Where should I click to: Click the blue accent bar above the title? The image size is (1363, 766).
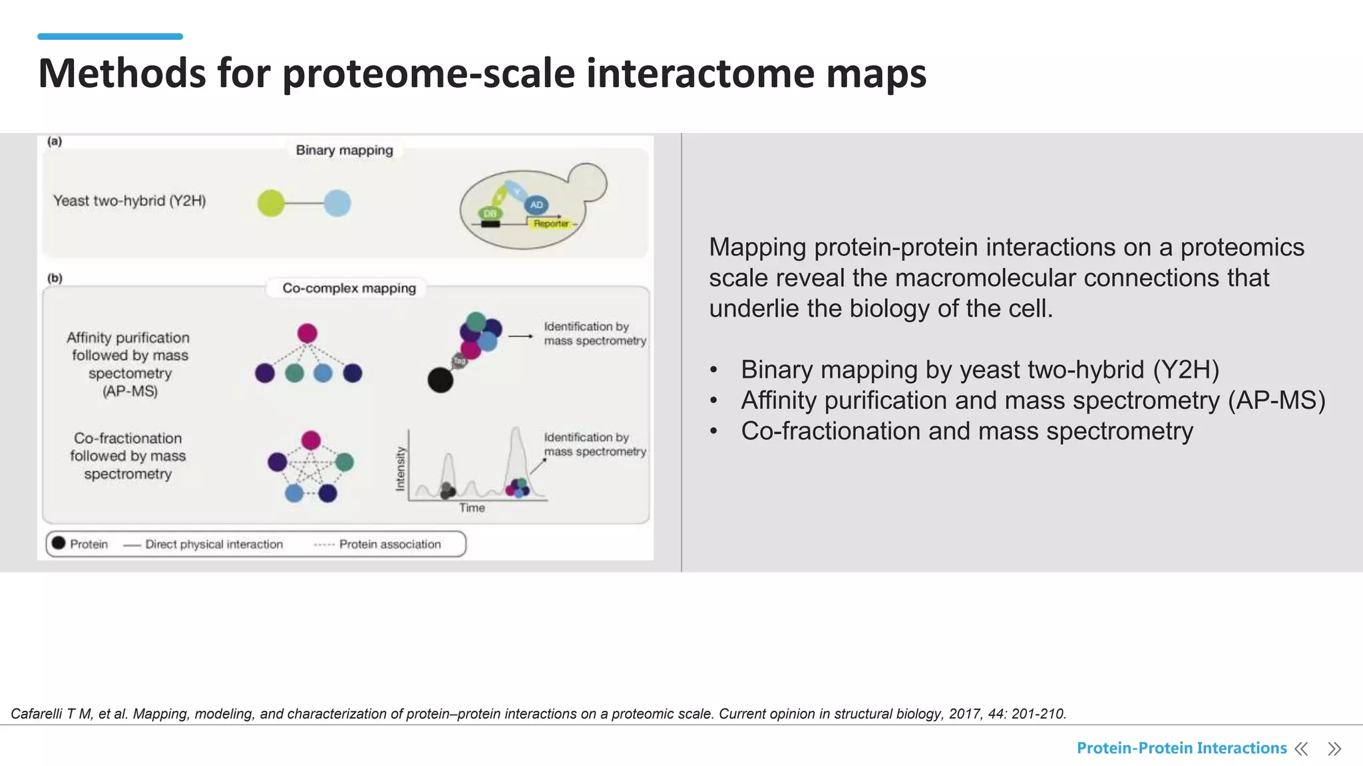tap(110, 37)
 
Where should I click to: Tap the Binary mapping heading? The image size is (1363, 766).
tap(344, 150)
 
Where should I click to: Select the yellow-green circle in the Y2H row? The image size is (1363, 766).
tap(271, 203)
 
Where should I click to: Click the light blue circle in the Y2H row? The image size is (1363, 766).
tap(337, 203)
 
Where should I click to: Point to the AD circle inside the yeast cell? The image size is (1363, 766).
tap(536, 205)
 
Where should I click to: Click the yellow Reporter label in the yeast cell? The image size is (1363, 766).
tap(551, 224)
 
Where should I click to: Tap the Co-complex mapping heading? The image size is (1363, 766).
tap(349, 288)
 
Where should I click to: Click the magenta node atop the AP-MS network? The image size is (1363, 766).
tap(307, 333)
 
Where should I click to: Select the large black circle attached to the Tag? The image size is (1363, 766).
tap(440, 380)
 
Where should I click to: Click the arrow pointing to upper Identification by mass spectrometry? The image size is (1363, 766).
tap(520, 336)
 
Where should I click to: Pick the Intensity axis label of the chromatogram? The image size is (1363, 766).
tap(400, 468)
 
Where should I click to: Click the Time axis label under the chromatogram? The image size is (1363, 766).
tap(472, 508)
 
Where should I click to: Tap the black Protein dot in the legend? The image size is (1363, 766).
tap(59, 543)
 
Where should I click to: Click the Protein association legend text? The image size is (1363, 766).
tap(389, 545)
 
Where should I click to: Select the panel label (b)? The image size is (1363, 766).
tap(55, 278)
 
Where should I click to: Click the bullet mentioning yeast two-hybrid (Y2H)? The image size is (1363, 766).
tap(980, 370)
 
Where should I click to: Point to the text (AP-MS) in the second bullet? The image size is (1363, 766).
tap(1276, 400)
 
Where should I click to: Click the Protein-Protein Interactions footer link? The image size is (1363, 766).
tap(1181, 748)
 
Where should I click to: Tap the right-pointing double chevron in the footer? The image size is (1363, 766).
tap(1334, 749)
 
